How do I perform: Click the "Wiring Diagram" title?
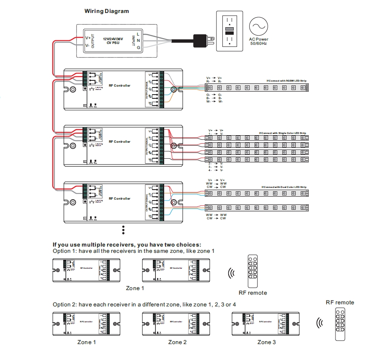pyautogui.click(x=106, y=11)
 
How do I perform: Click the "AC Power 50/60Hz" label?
pyautogui.click(x=259, y=41)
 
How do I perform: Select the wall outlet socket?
pyautogui.click(x=229, y=31)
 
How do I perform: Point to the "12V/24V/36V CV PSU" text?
pyautogui.click(x=114, y=40)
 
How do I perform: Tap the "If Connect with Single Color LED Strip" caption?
pyautogui.click(x=283, y=133)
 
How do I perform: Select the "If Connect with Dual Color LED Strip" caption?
pyautogui.click(x=284, y=187)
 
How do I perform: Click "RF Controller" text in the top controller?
pyautogui.click(x=119, y=85)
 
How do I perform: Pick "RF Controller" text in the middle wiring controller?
pyautogui.click(x=119, y=141)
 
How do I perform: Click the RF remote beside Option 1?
pyautogui.click(x=252, y=270)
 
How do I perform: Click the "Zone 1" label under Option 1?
pyautogui.click(x=135, y=288)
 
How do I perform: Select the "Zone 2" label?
pyautogui.click(x=178, y=342)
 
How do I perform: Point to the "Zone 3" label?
pyautogui.click(x=266, y=342)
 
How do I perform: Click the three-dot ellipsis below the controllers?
pyautogui.click(x=124, y=229)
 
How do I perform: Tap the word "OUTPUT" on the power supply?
pyautogui.click(x=93, y=40)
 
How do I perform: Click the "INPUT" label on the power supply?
pyautogui.click(x=133, y=40)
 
